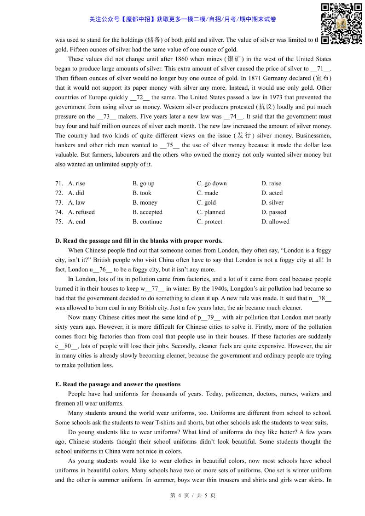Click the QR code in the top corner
click(341, 23)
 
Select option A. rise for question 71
click(76, 183)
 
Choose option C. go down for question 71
click(212, 183)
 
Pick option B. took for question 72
click(142, 193)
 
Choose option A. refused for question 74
click(81, 212)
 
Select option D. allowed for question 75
click(275, 222)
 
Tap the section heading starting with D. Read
click(139, 241)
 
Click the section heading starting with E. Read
click(118, 384)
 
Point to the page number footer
click(193, 496)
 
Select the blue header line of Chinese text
click(183, 19)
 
